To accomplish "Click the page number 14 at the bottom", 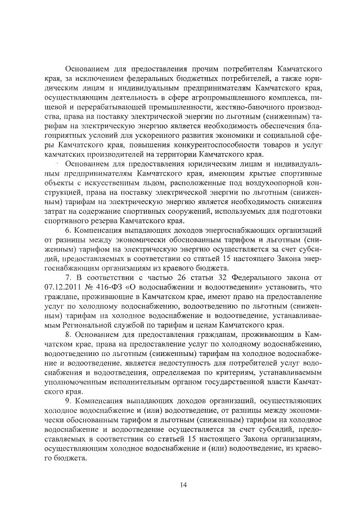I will [x=183, y=485].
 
